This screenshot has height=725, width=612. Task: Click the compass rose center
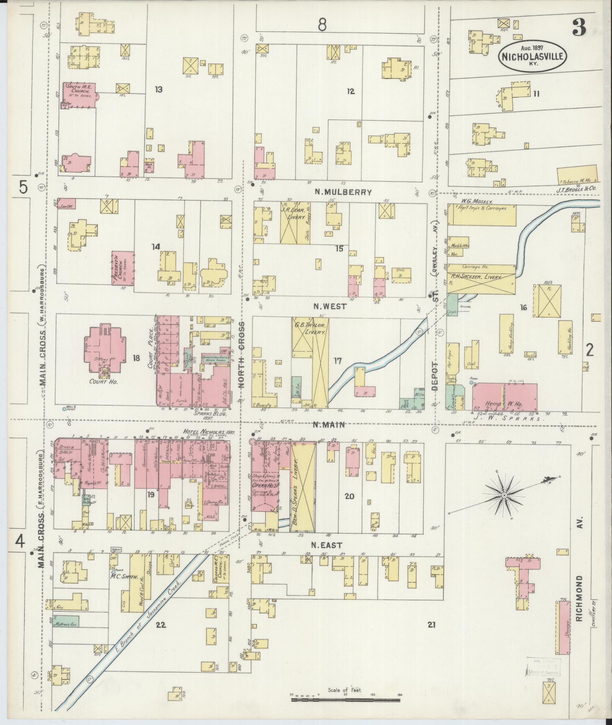tap(504, 496)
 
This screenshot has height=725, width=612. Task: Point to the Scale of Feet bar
tap(346, 699)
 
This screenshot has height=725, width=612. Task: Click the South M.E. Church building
tap(78, 95)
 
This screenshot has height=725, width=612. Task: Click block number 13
tap(158, 89)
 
